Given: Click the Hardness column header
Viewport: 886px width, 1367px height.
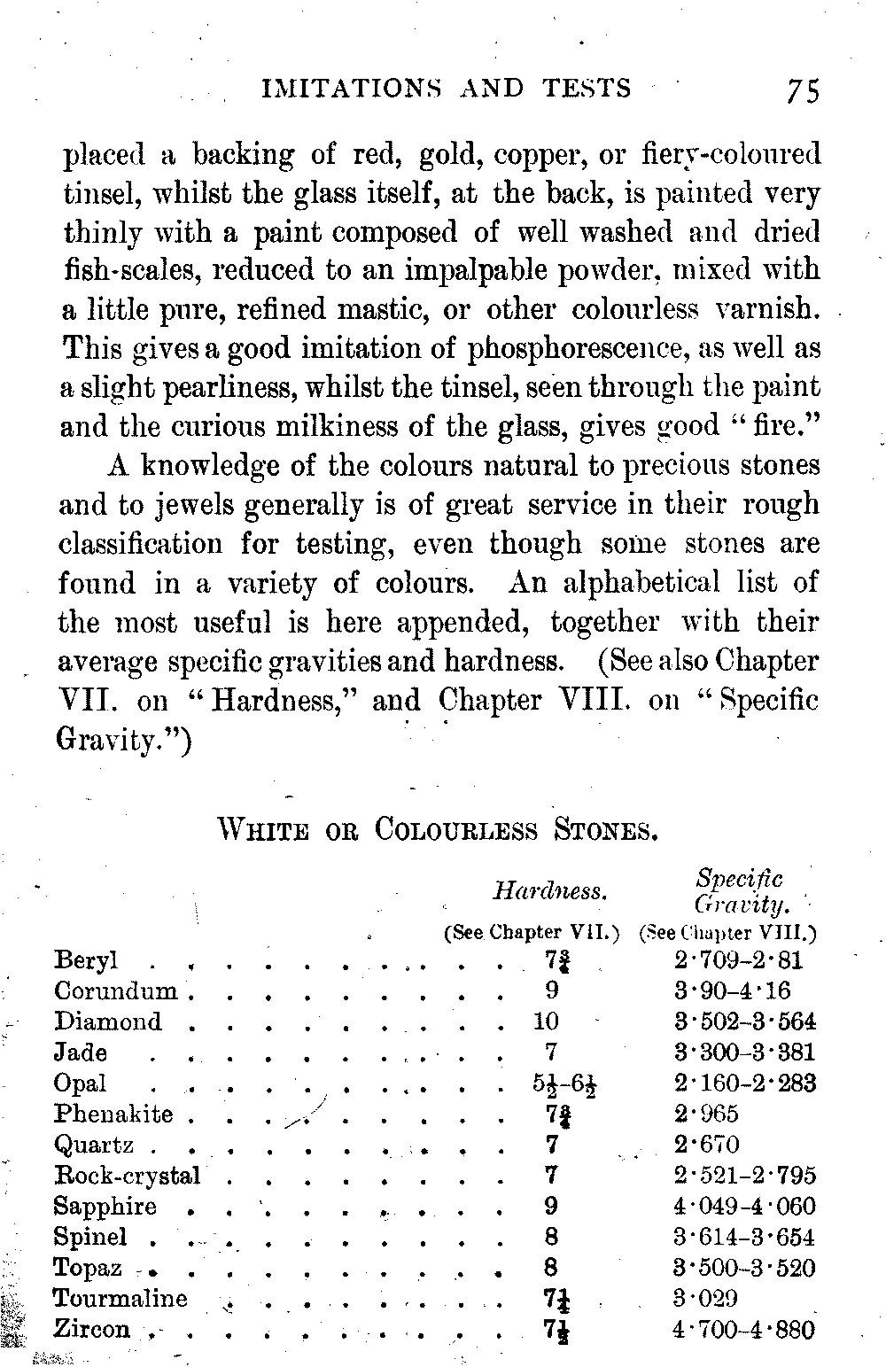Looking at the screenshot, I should pyautogui.click(x=549, y=890).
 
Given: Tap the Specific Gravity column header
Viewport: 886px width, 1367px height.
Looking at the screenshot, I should pyautogui.click(x=740, y=891).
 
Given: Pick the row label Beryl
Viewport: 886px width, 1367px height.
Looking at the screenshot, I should pyautogui.click(x=86, y=961).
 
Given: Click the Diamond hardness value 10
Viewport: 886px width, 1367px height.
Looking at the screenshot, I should pyautogui.click(x=546, y=1021).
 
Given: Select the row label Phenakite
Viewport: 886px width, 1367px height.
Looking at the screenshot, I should pyautogui.click(x=113, y=1114).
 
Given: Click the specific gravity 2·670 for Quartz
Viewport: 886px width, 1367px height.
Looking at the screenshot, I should pyautogui.click(x=706, y=1145).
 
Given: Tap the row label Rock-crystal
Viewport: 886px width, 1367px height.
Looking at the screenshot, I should pyautogui.click(x=128, y=1176).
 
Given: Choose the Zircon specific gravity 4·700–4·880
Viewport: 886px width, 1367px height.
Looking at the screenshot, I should pyautogui.click(x=743, y=1329).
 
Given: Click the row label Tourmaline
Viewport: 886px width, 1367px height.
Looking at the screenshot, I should pyautogui.click(x=120, y=1299).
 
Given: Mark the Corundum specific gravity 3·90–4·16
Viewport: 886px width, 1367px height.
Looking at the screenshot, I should pyautogui.click(x=732, y=991).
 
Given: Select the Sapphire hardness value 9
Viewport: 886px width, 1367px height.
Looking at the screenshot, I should pyautogui.click(x=551, y=1206).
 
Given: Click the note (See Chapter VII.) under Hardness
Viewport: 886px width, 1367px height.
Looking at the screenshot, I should pyautogui.click(x=531, y=932).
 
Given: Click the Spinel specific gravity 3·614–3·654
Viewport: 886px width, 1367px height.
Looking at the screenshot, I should pyautogui.click(x=743, y=1237).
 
